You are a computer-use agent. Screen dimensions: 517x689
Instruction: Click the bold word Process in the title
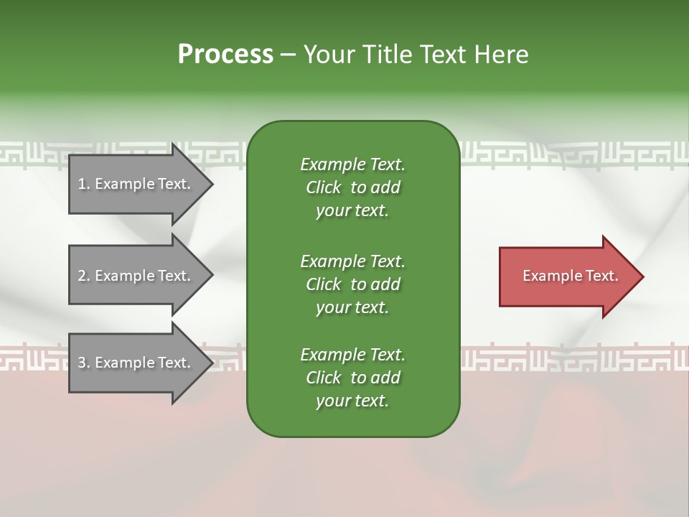(x=225, y=55)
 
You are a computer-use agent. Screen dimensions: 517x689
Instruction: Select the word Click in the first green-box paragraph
(x=324, y=187)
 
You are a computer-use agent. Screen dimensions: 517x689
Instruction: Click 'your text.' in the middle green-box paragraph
(x=352, y=307)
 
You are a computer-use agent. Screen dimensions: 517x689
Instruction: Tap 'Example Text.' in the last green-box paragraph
(x=352, y=355)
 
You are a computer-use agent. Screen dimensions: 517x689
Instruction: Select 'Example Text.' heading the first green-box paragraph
(x=352, y=164)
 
